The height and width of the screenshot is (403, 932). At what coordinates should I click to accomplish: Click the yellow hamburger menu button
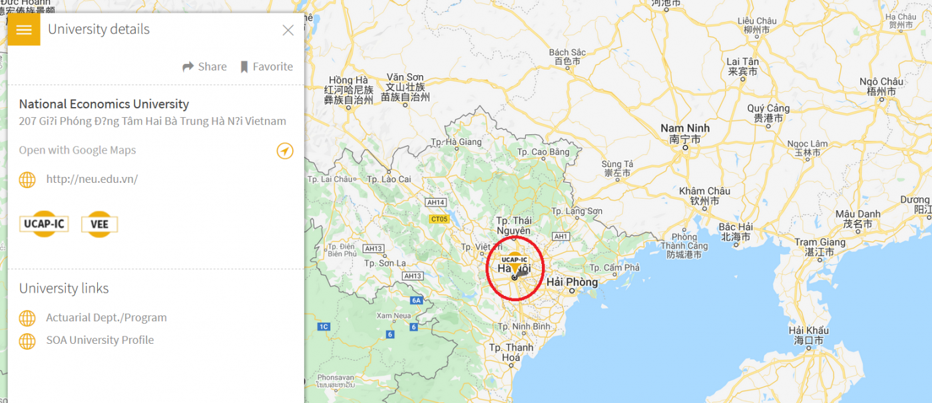24,30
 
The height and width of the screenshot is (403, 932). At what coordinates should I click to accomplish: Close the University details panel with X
288,30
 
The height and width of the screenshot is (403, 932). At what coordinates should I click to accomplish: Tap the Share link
205,67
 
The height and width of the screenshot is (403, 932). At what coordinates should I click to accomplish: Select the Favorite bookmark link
266,67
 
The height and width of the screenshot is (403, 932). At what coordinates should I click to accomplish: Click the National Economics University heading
104,104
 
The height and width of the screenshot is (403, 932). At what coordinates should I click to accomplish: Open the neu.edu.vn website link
92,179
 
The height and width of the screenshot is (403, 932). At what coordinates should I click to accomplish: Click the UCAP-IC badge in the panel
44,224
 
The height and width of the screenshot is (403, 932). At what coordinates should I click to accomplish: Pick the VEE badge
99,224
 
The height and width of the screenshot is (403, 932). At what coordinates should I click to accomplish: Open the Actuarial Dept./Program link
107,318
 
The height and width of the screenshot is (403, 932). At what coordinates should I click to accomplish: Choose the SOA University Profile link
100,340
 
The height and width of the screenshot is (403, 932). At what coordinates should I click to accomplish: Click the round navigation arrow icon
285,151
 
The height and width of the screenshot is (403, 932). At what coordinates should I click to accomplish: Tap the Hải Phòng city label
572,283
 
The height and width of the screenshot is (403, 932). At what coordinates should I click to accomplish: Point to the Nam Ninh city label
685,128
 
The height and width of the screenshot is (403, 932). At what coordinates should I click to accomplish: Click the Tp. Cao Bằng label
544,152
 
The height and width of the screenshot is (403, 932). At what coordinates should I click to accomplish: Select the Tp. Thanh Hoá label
511,352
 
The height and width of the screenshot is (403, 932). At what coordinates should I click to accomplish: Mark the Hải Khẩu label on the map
808,331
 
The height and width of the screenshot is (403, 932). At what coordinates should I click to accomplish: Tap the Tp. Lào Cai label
389,180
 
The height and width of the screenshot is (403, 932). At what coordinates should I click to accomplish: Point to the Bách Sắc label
567,53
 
